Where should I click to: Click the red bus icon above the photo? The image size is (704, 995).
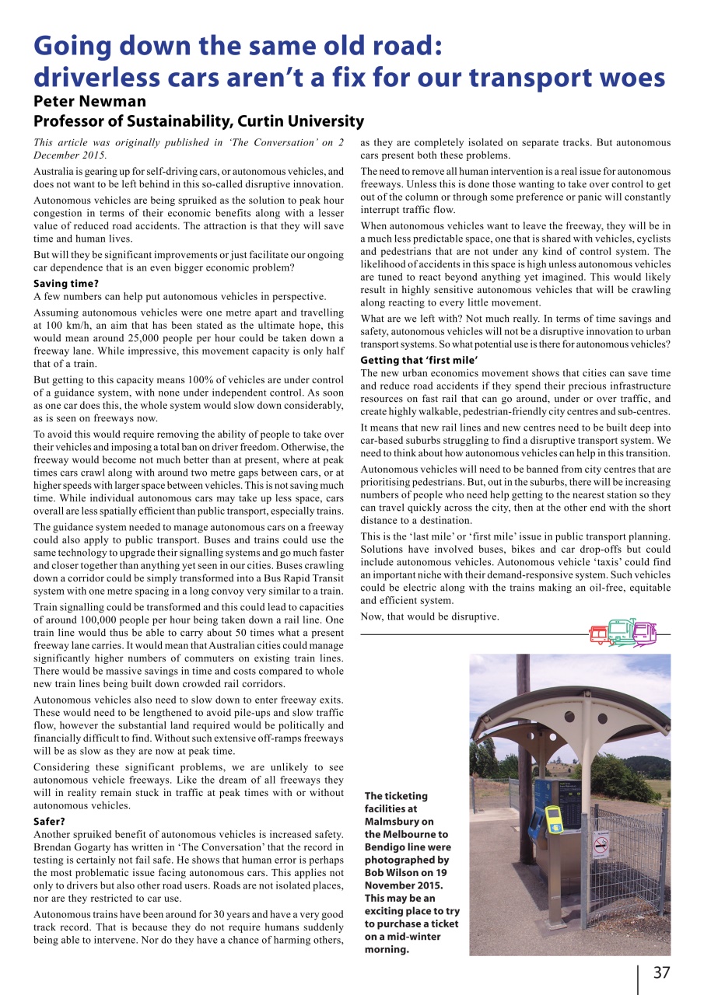(x=598, y=634)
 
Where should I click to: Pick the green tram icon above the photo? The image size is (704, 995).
(x=621, y=632)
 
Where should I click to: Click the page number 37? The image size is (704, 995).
(x=661, y=972)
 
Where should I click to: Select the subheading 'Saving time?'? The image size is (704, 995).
(x=66, y=284)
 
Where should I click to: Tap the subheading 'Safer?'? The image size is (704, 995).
(x=49, y=821)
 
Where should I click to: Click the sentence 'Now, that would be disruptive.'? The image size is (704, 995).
(x=429, y=616)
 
